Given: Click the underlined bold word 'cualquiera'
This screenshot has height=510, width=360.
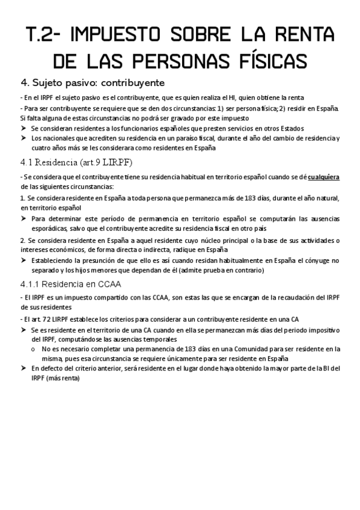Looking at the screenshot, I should (324, 177).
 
